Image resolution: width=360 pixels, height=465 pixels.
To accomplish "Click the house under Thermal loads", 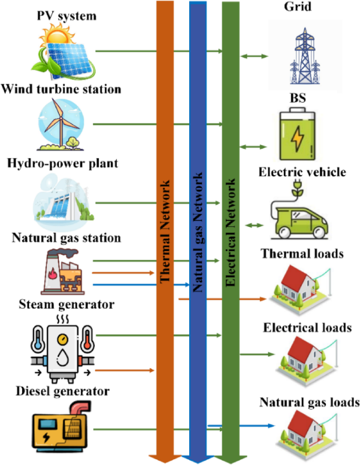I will pyautogui.click(x=303, y=289).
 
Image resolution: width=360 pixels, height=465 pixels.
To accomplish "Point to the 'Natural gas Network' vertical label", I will pyautogui.click(x=198, y=231).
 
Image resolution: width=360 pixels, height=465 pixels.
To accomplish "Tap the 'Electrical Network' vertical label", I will pyautogui.click(x=230, y=231).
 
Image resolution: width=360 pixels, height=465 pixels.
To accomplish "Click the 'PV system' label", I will pyautogui.click(x=67, y=16).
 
